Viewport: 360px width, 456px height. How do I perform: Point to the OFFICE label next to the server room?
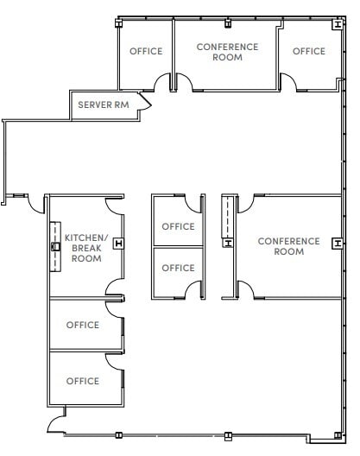pos(146,52)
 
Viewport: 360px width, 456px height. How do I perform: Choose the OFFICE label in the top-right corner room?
pos(309,52)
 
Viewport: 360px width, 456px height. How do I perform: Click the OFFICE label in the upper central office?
pos(179,227)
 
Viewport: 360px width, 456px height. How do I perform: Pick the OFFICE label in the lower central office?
pos(179,269)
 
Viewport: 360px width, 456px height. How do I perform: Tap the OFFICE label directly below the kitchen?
pos(83,326)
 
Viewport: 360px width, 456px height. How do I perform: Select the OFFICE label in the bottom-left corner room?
pos(83,381)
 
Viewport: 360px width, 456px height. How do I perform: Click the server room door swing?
pos(146,103)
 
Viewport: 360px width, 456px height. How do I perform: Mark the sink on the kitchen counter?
pos(55,245)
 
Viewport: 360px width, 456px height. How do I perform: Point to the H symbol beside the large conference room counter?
pos(228,243)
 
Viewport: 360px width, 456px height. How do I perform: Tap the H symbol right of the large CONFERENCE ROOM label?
pos(336,243)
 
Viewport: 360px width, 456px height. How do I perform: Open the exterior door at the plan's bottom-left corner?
pos(55,422)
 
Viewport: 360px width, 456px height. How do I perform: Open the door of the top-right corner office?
pos(288,82)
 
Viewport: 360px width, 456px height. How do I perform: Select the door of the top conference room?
pos(184,82)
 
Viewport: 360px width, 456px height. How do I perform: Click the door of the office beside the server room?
pos(162,82)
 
